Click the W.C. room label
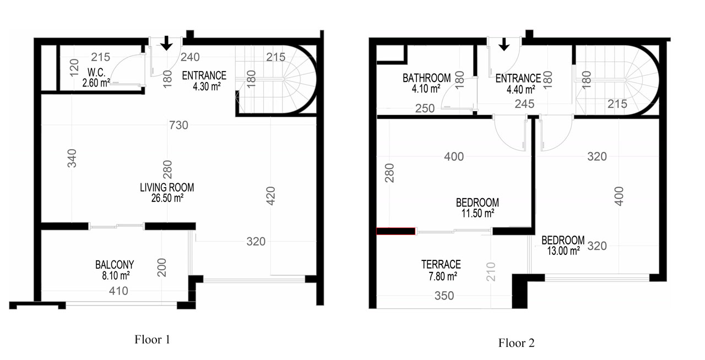click(x=96, y=73)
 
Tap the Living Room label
click(x=167, y=188)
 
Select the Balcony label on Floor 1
click(x=115, y=265)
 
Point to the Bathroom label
click(x=426, y=78)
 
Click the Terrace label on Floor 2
click(x=441, y=264)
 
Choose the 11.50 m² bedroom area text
click(x=478, y=214)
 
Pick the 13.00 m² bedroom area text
click(x=563, y=251)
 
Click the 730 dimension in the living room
click(x=178, y=126)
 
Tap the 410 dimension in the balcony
click(x=118, y=291)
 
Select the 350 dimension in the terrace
click(x=444, y=296)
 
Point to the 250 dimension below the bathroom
click(x=425, y=108)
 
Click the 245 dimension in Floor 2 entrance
click(x=524, y=104)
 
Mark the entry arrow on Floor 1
click(x=166, y=43)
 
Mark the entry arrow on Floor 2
click(x=504, y=45)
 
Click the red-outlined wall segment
click(x=396, y=231)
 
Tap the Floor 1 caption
click(x=153, y=340)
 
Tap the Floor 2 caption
click(x=516, y=343)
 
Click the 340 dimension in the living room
click(x=72, y=159)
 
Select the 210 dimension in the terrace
click(x=491, y=272)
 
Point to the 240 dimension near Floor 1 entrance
click(x=190, y=57)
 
